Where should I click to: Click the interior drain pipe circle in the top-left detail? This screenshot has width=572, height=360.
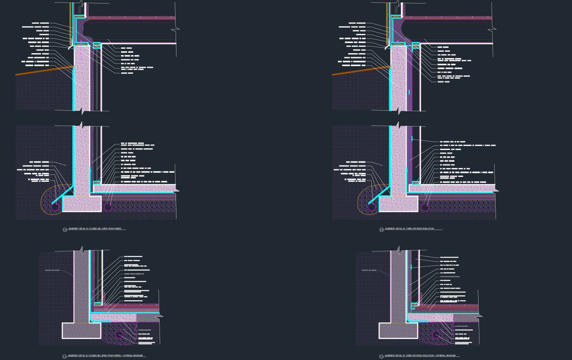(108, 206)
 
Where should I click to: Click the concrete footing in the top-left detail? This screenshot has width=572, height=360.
(82, 205)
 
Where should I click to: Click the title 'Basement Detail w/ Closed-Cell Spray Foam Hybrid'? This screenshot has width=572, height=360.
(95, 229)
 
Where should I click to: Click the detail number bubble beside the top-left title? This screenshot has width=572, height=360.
(65, 230)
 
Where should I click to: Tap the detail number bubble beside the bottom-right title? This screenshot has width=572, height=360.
(381, 356)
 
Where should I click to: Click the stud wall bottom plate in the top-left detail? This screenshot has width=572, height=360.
(97, 182)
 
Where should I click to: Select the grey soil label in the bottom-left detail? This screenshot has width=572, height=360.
(53, 270)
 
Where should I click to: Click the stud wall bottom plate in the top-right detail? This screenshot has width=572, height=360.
(414, 182)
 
